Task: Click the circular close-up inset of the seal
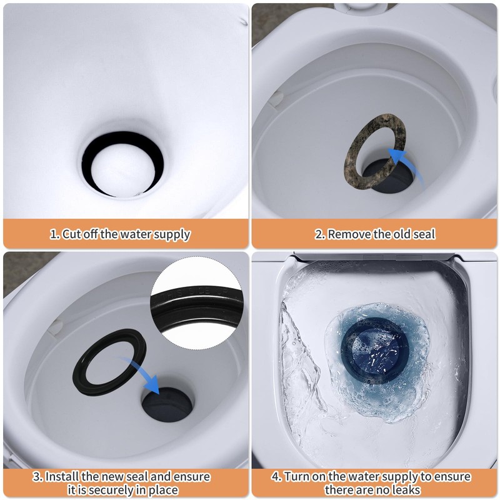(x=199, y=304)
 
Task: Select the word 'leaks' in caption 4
(x=410, y=490)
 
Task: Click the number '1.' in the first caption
(x=55, y=235)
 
